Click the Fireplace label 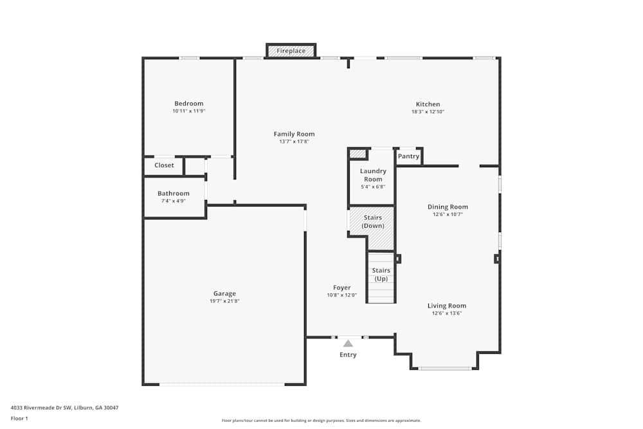point(291,51)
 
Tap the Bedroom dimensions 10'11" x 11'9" point(188,111)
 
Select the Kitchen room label point(428,104)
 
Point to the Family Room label point(294,134)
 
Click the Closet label point(164,165)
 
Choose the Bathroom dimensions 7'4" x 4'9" point(174,201)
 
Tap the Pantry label point(408,156)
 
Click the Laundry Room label point(373,175)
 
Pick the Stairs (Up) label point(381,275)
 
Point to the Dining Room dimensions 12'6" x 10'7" point(448,215)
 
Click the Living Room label point(447,306)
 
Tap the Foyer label point(341,288)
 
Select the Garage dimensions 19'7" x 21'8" point(224,301)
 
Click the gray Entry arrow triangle point(348,343)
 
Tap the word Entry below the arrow point(348,355)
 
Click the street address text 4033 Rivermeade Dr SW point(41,408)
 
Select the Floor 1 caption point(19,418)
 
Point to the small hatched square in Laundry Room point(357,154)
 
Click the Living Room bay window point(445,369)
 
